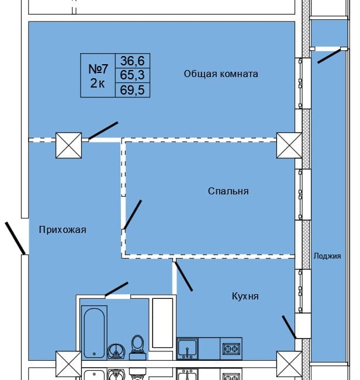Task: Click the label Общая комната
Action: pyautogui.click(x=221, y=74)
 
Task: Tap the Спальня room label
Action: pyautogui.click(x=228, y=191)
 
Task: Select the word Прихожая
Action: pyautogui.click(x=63, y=230)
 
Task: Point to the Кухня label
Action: pyautogui.click(x=245, y=297)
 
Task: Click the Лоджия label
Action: pyautogui.click(x=327, y=256)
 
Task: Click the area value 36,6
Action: pyautogui.click(x=134, y=60)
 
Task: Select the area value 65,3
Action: pyautogui.click(x=134, y=75)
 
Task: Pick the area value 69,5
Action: pyautogui.click(x=134, y=89)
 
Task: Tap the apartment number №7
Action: pyautogui.click(x=99, y=68)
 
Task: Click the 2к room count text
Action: pyautogui.click(x=97, y=83)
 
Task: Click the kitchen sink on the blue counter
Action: pyautogui.click(x=187, y=348)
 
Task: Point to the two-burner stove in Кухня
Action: pyautogui.click(x=230, y=349)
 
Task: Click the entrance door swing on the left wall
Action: pyautogui.click(x=15, y=238)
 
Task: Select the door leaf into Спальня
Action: pyautogui.click(x=132, y=215)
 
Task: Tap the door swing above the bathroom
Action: pyautogui.click(x=116, y=288)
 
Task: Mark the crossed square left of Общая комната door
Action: pyautogui.click(x=68, y=145)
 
